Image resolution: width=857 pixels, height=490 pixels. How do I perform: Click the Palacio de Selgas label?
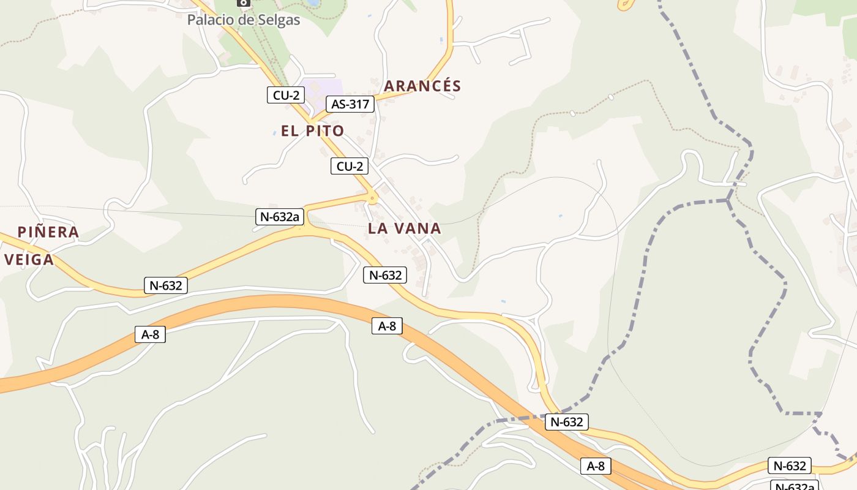[244, 20]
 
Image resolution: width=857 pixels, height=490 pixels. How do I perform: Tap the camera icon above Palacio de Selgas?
[244, 2]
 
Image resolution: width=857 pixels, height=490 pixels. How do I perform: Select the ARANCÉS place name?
[422, 86]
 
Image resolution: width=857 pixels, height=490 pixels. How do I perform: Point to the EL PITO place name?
[312, 130]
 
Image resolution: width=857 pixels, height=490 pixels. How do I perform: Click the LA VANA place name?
[404, 228]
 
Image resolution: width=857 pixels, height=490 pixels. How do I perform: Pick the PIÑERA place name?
[48, 232]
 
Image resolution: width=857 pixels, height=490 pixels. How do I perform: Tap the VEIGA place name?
[29, 260]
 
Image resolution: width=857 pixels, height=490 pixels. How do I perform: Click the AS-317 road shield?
[350, 104]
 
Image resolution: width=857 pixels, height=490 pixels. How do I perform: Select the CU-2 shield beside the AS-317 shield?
[286, 95]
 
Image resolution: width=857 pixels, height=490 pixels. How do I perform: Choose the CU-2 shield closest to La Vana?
[350, 166]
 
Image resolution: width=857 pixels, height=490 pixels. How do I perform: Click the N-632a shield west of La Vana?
[280, 216]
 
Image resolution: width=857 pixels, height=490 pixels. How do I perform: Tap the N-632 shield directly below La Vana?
[384, 275]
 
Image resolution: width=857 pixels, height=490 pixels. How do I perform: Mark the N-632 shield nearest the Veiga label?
[165, 285]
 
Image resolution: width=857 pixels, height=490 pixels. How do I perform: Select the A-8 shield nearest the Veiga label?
[150, 334]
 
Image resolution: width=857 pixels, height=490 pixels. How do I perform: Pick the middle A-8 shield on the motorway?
[387, 326]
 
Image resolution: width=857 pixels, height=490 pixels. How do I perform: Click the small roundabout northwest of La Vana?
[372, 197]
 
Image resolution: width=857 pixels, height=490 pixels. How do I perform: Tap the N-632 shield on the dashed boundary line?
[567, 421]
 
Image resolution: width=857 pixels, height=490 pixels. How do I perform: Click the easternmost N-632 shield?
[790, 466]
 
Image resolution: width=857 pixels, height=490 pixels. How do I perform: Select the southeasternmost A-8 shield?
[596, 466]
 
